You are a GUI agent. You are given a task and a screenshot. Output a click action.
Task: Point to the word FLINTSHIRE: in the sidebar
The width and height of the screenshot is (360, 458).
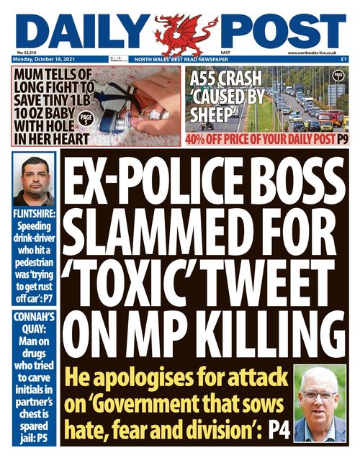(x=34, y=213)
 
